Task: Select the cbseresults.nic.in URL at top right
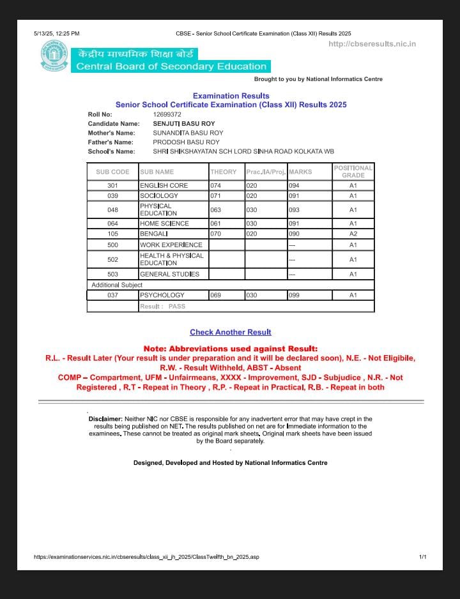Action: tap(372, 44)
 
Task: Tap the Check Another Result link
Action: tap(230, 332)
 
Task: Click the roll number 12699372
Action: tap(167, 114)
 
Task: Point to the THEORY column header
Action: tap(223, 172)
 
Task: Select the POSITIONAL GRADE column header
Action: tap(353, 171)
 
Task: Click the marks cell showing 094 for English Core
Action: tap(295, 185)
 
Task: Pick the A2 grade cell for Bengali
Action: tap(353, 234)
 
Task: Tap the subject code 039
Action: tap(112, 195)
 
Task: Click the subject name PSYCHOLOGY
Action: tap(162, 295)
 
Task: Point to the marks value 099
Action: tap(295, 295)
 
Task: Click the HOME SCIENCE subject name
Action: tap(164, 224)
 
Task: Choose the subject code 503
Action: tap(112, 274)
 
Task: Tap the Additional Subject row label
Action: tap(117, 285)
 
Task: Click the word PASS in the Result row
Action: tap(177, 307)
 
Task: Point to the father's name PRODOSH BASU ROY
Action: tap(186, 142)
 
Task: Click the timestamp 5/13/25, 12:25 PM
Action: tap(57, 33)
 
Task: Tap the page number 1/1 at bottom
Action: tap(422, 557)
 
